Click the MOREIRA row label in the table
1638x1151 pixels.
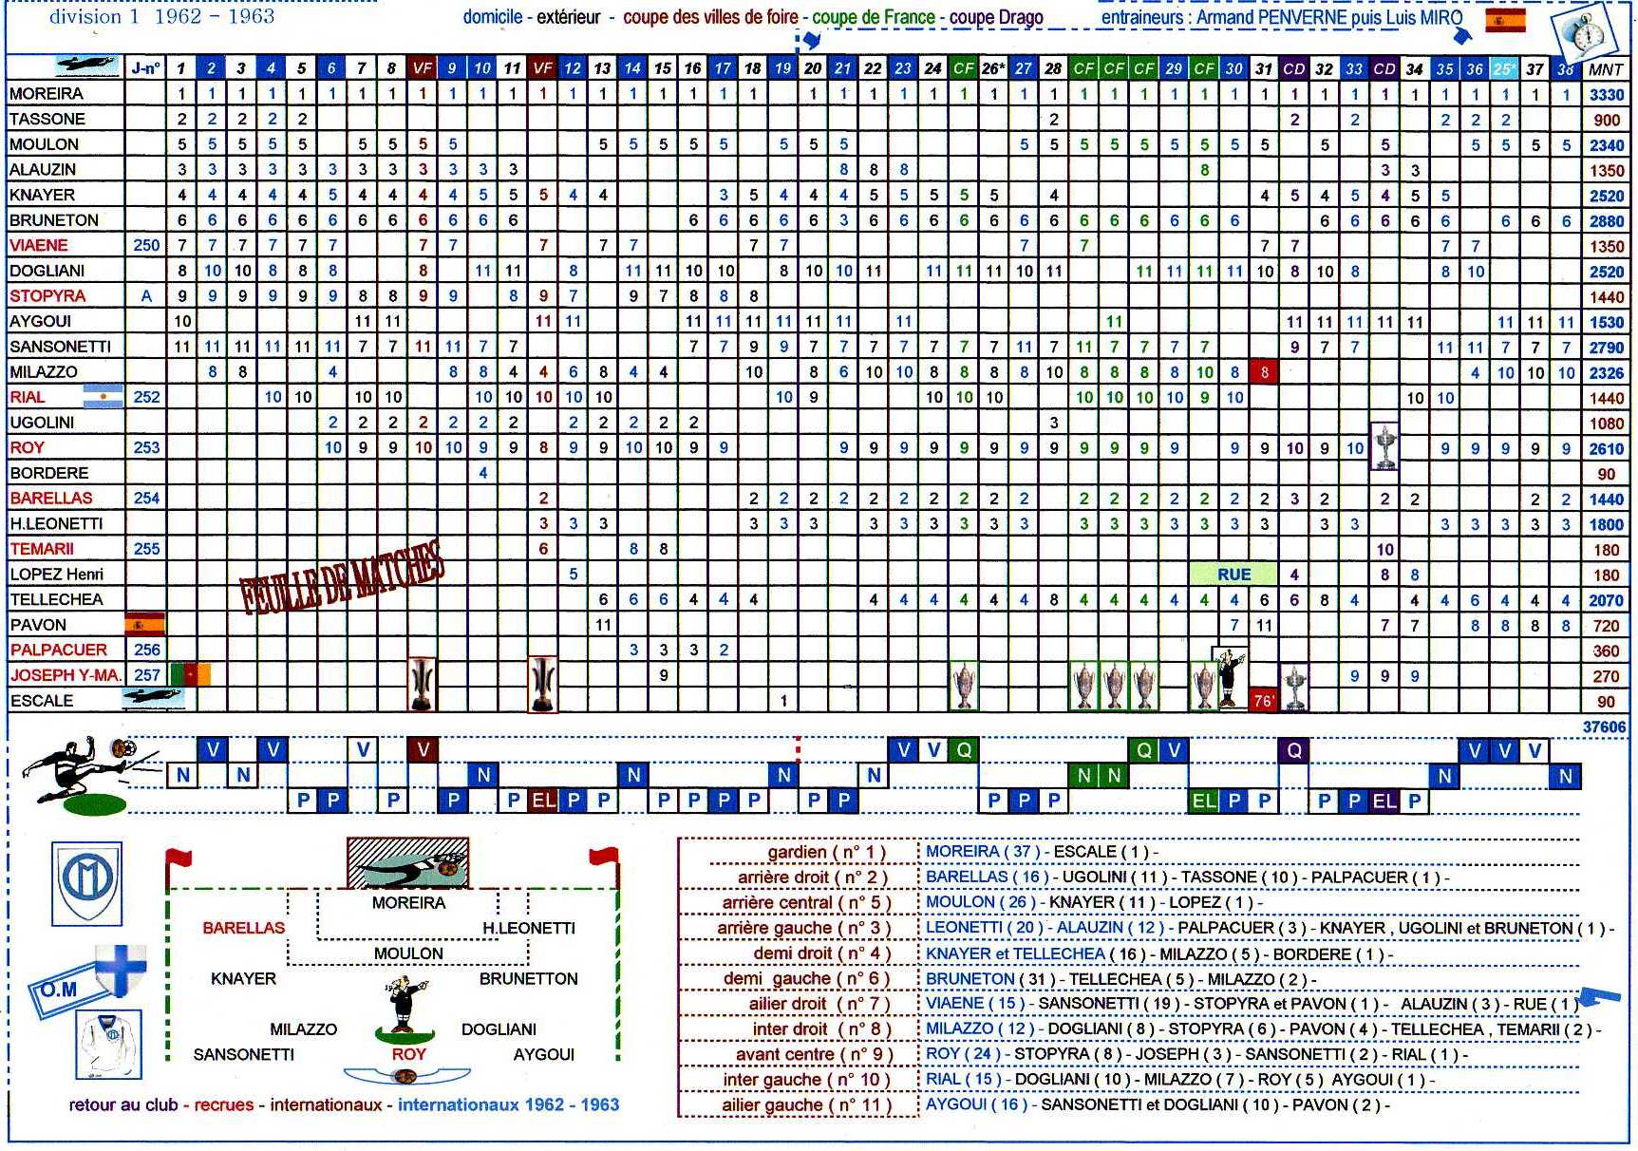click(47, 94)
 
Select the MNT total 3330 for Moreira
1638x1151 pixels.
click(1606, 95)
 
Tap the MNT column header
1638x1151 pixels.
click(1606, 69)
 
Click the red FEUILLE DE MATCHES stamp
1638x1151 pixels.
click(342, 578)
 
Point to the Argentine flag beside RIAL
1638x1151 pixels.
click(104, 397)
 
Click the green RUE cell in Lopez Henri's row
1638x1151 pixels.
click(1233, 575)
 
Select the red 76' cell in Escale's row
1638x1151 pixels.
click(1264, 701)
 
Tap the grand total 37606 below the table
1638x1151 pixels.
click(1604, 727)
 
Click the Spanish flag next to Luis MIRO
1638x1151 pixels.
click(1505, 21)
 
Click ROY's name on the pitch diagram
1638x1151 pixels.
click(409, 1054)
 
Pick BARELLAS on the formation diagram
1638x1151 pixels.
click(243, 928)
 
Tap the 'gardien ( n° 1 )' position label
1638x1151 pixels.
click(826, 852)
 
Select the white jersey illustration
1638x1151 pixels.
click(109, 1045)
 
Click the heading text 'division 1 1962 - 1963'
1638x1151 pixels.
click(161, 16)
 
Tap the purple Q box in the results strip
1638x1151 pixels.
click(1293, 751)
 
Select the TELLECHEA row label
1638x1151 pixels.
click(56, 600)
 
